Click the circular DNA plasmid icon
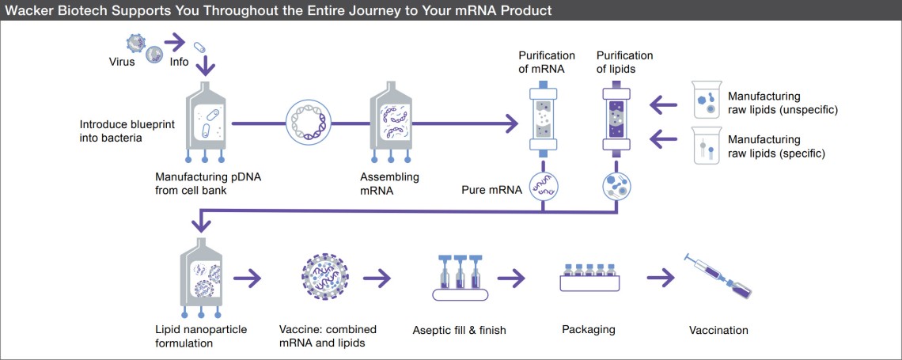click(309, 123)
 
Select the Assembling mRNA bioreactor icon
click(392, 123)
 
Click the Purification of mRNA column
click(543, 119)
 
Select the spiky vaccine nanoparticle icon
click(325, 279)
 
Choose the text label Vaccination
click(718, 330)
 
